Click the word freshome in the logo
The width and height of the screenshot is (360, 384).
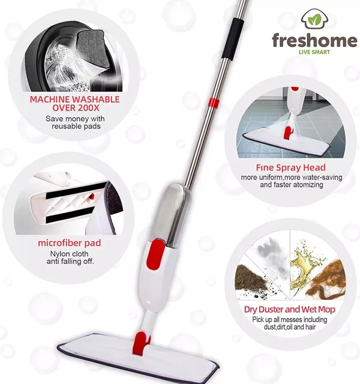pyautogui.click(x=314, y=40)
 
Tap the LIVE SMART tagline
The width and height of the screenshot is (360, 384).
pyautogui.click(x=314, y=52)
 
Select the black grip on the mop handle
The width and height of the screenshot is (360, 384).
pyautogui.click(x=232, y=38)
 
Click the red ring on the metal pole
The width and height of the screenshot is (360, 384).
pyautogui.click(x=214, y=103)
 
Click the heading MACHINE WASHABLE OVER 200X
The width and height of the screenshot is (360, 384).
pyautogui.click(x=74, y=103)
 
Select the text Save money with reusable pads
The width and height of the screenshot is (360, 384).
pyautogui.click(x=76, y=122)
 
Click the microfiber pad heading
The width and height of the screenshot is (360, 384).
pyautogui.click(x=70, y=243)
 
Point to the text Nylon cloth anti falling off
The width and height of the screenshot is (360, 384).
pyautogui.click(x=70, y=257)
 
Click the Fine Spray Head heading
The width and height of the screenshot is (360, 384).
pyautogui.click(x=290, y=167)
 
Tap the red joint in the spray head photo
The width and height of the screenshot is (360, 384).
pyautogui.click(x=289, y=132)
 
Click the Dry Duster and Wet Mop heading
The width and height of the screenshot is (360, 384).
pyautogui.click(x=289, y=310)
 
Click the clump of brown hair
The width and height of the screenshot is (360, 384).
pyautogui.click(x=328, y=280)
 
